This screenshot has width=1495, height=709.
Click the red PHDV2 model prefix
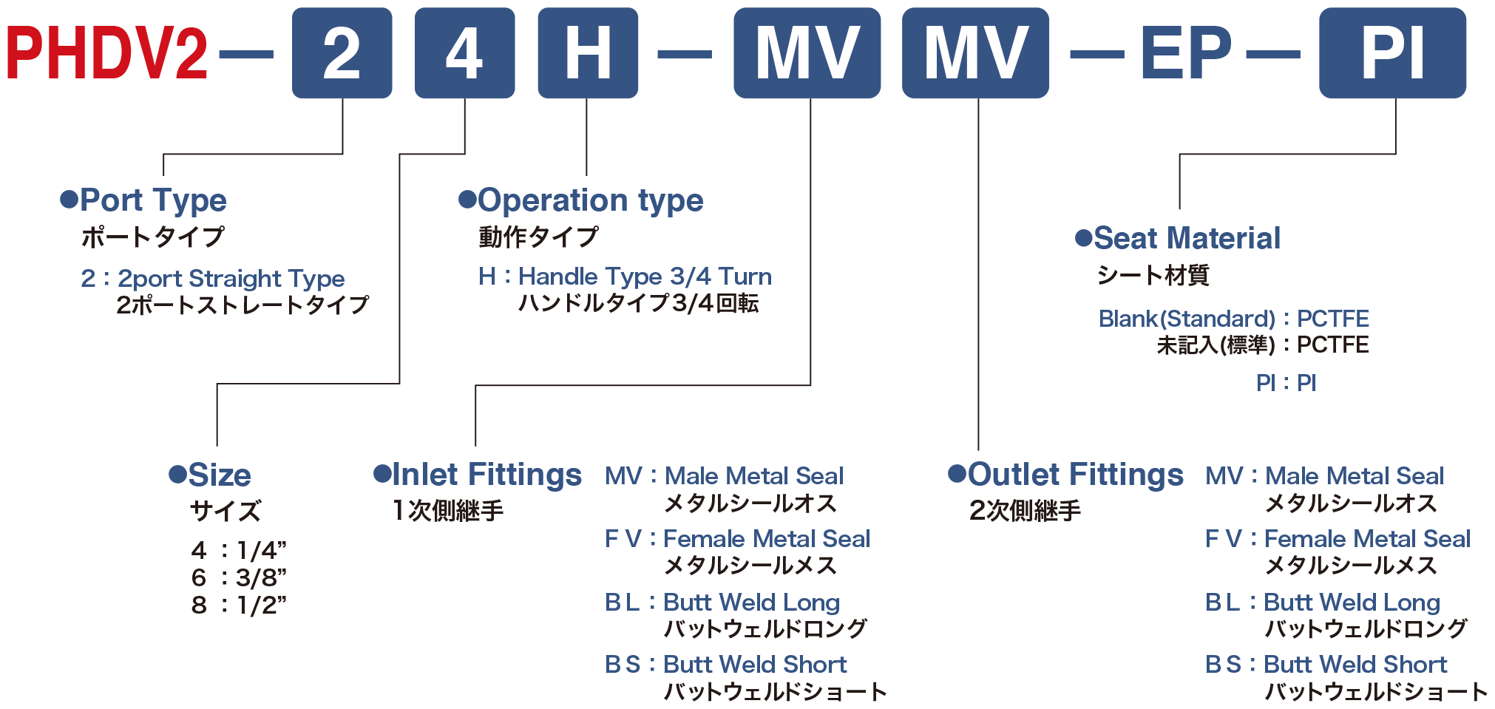(x=107, y=52)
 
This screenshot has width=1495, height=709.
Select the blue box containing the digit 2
(x=342, y=52)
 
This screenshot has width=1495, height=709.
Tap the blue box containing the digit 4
(x=465, y=52)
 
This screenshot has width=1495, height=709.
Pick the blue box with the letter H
(x=588, y=52)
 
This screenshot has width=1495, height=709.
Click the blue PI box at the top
(x=1393, y=52)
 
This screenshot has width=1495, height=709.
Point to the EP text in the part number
(x=1186, y=52)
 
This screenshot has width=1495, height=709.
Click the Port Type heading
(x=144, y=200)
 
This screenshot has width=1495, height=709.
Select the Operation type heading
(x=581, y=200)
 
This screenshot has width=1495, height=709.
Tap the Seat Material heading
(x=1178, y=238)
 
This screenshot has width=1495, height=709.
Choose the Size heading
(x=211, y=475)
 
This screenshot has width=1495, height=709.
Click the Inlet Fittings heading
(x=478, y=474)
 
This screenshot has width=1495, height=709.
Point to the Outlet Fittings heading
(x=1066, y=474)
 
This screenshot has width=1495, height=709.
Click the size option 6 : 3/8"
(x=239, y=577)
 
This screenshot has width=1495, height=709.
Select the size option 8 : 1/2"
(x=239, y=605)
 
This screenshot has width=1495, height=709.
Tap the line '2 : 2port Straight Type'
(x=213, y=279)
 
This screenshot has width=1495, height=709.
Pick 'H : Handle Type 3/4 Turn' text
(x=625, y=277)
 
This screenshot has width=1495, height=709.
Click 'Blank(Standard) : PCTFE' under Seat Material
(x=1233, y=319)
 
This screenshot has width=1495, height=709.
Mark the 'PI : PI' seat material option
(x=1286, y=383)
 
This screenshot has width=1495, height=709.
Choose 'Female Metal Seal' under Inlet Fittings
(x=767, y=539)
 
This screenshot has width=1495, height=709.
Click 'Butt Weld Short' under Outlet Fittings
(x=1355, y=665)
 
